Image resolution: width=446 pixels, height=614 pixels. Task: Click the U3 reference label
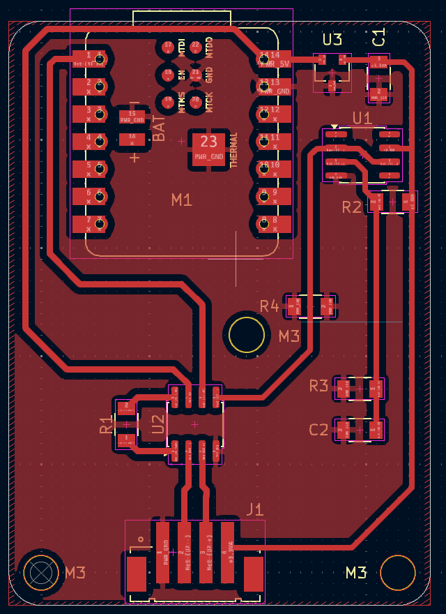(x=332, y=39)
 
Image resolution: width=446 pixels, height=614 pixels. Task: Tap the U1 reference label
(x=362, y=118)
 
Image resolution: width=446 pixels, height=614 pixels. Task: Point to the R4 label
(x=270, y=306)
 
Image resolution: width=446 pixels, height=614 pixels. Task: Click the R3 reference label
(x=318, y=386)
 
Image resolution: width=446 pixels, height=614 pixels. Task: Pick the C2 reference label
(x=318, y=430)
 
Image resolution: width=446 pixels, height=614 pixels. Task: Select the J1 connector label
(x=255, y=509)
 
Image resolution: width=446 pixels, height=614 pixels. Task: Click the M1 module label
(x=181, y=200)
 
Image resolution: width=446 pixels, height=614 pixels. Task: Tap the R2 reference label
(x=352, y=207)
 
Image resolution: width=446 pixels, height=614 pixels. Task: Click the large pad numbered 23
(x=208, y=148)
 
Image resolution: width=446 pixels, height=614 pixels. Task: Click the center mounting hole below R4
(x=247, y=334)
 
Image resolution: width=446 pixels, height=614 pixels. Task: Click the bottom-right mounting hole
(x=398, y=573)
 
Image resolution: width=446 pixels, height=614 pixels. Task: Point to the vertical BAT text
(x=159, y=128)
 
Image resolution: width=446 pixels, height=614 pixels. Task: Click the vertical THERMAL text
(x=234, y=149)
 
